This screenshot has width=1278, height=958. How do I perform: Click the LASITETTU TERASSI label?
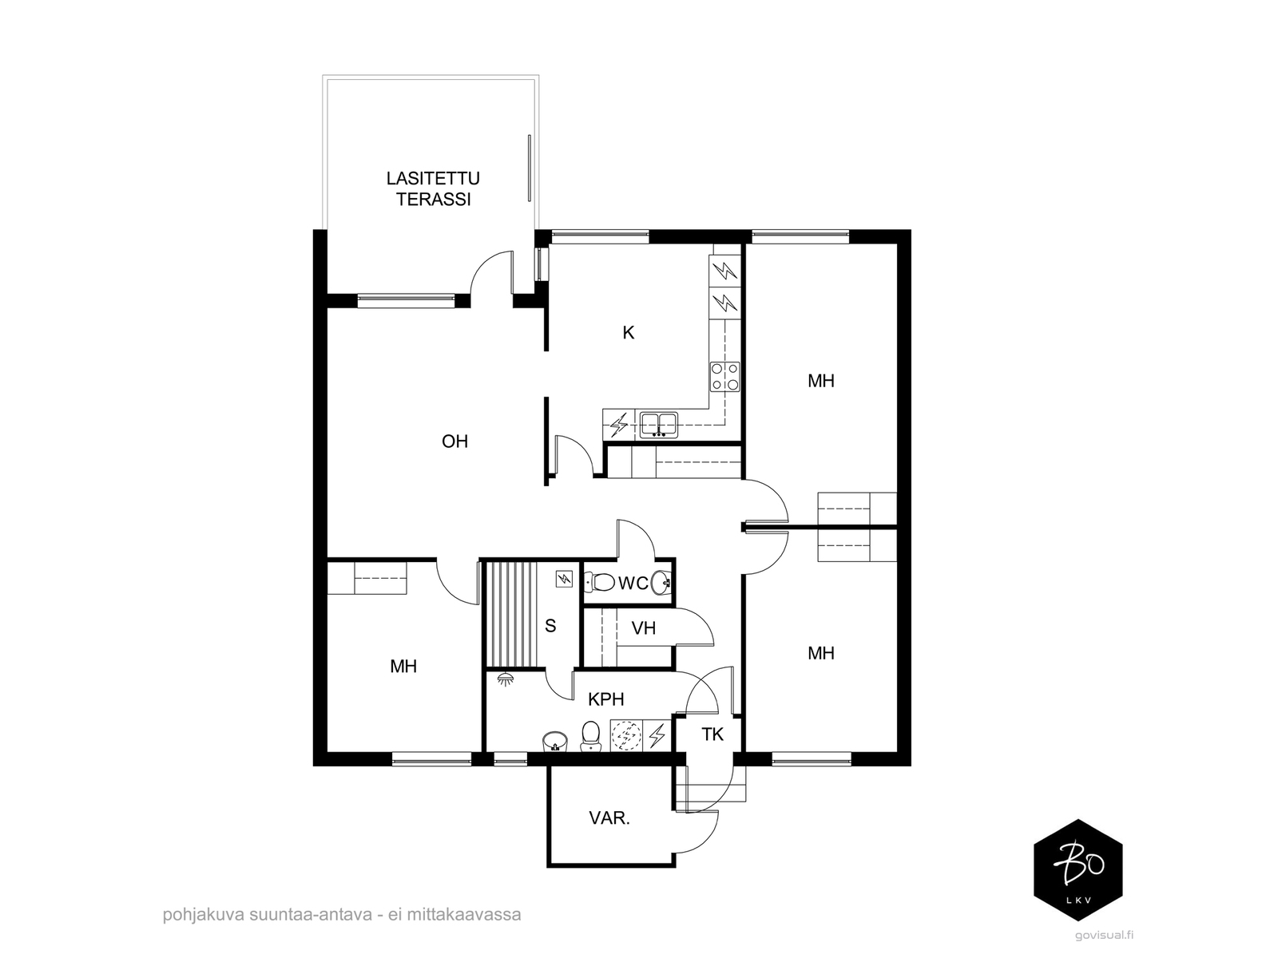pyautogui.click(x=433, y=188)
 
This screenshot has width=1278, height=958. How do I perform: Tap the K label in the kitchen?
pyautogui.click(x=629, y=333)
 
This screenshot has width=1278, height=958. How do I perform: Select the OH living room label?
pyautogui.click(x=454, y=441)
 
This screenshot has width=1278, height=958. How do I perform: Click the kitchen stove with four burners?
pyautogui.click(x=725, y=376)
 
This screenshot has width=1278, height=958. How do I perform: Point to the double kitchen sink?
pyautogui.click(x=658, y=425)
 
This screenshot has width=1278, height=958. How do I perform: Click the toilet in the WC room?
pyautogui.click(x=600, y=581)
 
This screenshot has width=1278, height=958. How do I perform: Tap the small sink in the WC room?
pyautogui.click(x=661, y=582)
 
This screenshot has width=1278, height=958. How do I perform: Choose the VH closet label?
pyautogui.click(x=643, y=628)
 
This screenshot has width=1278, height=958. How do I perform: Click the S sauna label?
pyautogui.click(x=550, y=626)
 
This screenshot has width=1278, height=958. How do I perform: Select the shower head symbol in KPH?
pyautogui.click(x=505, y=679)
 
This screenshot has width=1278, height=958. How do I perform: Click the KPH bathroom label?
pyautogui.click(x=606, y=699)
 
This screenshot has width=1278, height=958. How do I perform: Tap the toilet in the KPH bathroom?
pyautogui.click(x=590, y=736)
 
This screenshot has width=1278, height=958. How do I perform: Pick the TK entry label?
pyautogui.click(x=712, y=734)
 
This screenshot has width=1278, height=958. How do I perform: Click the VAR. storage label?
pyautogui.click(x=609, y=818)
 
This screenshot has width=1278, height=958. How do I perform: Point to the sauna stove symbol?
pyautogui.click(x=564, y=580)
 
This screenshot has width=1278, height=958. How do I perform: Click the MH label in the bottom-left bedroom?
pyautogui.click(x=403, y=666)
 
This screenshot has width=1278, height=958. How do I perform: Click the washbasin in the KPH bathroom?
pyautogui.click(x=555, y=741)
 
